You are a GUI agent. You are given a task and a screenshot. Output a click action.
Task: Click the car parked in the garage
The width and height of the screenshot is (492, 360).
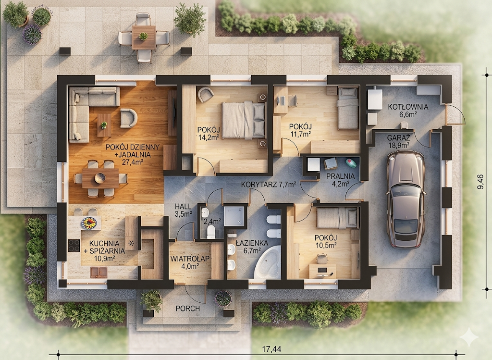click(x=406, y=199)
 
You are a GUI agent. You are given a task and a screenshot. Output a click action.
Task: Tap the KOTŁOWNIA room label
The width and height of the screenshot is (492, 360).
click(x=408, y=107)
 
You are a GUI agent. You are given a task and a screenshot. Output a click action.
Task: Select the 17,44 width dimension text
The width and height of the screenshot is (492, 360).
click(x=272, y=348)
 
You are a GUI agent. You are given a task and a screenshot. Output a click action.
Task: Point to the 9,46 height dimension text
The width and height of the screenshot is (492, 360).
click(x=480, y=182)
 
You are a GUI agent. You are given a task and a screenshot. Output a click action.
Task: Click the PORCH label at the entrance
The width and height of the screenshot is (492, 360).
click(x=188, y=309)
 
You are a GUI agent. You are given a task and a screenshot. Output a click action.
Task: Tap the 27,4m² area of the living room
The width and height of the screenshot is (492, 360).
click(x=133, y=162)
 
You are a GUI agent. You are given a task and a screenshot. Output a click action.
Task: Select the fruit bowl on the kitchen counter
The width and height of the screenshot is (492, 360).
click(x=89, y=223)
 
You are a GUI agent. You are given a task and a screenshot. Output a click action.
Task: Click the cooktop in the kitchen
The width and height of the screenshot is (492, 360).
click(x=74, y=246)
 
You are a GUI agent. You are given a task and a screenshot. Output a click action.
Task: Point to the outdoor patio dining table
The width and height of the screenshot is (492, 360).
click(x=144, y=37)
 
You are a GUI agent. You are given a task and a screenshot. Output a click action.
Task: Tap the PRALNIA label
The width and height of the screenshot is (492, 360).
click(x=341, y=176)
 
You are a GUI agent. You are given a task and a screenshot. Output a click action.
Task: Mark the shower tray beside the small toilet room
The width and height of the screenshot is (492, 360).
click(x=234, y=216)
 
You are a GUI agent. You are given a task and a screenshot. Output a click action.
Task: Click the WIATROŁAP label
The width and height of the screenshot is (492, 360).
click(x=190, y=259)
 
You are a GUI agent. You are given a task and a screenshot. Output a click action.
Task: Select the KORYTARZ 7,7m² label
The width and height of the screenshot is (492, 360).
click(x=269, y=185)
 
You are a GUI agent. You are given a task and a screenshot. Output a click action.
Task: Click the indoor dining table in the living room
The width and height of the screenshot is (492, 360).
click(x=100, y=178)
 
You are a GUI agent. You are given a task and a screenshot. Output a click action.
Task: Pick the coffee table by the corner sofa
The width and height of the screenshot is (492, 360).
click(x=104, y=125)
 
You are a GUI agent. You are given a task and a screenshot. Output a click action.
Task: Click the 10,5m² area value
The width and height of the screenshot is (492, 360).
click(x=326, y=246)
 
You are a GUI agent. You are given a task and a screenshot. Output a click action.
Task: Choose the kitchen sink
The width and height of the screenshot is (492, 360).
click(x=99, y=272)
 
